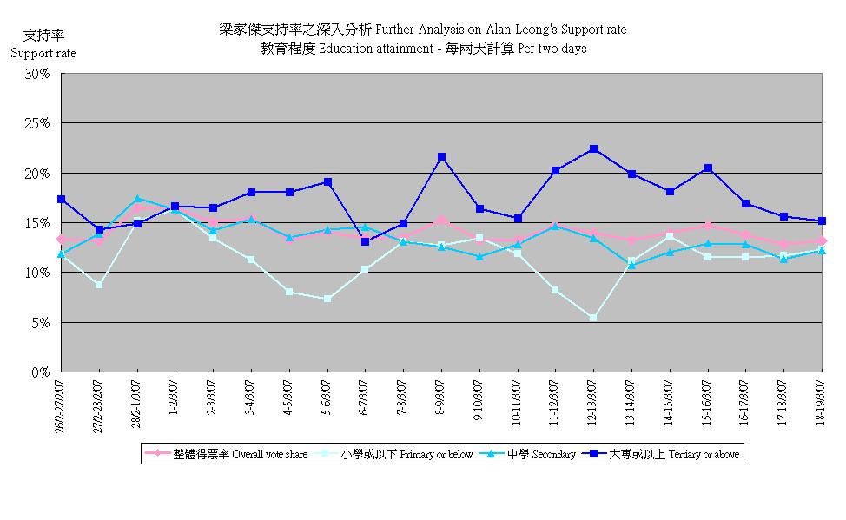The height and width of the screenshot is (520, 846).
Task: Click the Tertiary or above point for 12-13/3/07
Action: pyautogui.click(x=593, y=149)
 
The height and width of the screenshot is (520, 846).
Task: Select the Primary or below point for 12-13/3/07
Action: pyautogui.click(x=593, y=318)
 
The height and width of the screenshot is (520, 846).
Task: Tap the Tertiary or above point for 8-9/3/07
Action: pyautogui.click(x=441, y=157)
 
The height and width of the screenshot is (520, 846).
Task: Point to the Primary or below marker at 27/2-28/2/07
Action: pyautogui.click(x=100, y=285)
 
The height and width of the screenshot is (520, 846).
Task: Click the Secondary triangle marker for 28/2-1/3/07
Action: pyautogui.click(x=138, y=199)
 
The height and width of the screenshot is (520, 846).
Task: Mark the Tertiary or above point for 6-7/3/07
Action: pyautogui.click(x=365, y=241)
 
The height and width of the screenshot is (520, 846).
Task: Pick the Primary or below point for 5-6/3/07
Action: pyautogui.click(x=327, y=299)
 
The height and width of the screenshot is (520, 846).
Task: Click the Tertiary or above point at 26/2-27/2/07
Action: pyautogui.click(x=62, y=200)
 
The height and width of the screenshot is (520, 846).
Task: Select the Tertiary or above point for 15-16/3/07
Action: pyautogui.click(x=707, y=168)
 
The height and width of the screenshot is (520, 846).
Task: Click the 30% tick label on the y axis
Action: pyautogui.click(x=37, y=74)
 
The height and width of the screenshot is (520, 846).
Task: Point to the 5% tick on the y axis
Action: pyautogui.click(x=41, y=323)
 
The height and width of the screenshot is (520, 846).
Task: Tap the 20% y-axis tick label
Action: pyautogui.click(x=37, y=174)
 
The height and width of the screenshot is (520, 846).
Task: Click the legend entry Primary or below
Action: pyautogui.click(x=399, y=454)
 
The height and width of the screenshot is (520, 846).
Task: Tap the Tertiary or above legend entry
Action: pyautogui.click(x=666, y=454)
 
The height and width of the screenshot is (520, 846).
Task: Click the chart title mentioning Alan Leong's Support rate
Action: pyautogui.click(x=423, y=30)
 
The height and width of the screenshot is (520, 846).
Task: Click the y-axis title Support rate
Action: pyautogui.click(x=43, y=53)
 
